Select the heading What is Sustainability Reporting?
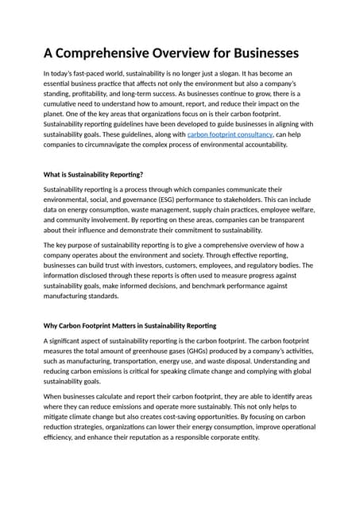[x=93, y=174]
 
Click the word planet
[x=56, y=114]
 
